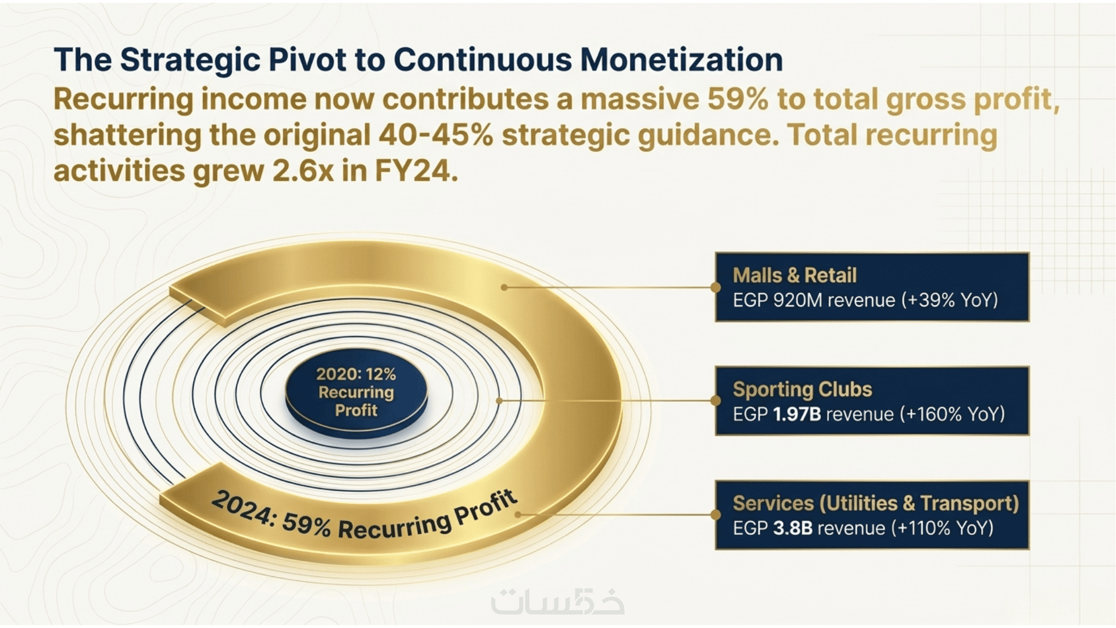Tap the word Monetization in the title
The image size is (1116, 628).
pos(681,59)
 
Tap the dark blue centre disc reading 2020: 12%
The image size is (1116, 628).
pos(356,392)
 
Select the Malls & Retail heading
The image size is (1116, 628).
pos(795,275)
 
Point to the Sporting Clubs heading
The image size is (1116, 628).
pos(802,389)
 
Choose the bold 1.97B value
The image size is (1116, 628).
pos(797,414)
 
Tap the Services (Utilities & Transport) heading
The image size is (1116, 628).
pos(876,504)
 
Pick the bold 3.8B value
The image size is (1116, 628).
pos(793,528)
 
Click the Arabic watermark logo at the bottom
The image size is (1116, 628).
pos(558,602)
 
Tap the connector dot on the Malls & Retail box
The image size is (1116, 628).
pos(716,287)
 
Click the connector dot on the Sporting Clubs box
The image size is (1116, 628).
pos(716,401)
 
